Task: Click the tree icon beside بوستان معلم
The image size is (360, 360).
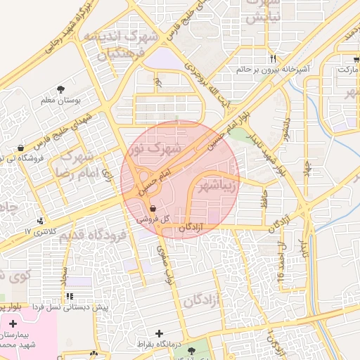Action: tap(62, 89)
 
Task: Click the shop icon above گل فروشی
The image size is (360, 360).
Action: tap(153, 207)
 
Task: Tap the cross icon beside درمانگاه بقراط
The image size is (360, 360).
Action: tap(159, 333)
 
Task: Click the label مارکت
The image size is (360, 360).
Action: tap(349, 70)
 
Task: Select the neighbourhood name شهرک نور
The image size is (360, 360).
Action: tap(155, 149)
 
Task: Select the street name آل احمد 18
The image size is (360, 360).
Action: tap(282, 264)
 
